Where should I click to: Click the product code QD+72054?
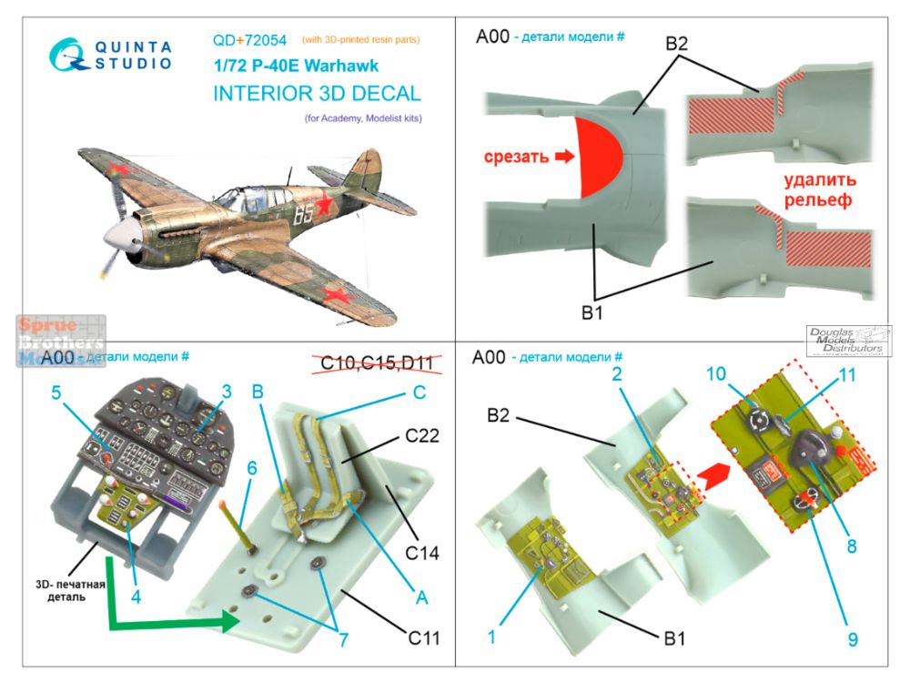click(x=249, y=40)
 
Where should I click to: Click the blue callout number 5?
click(x=56, y=394)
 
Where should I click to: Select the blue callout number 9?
click(x=852, y=639)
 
